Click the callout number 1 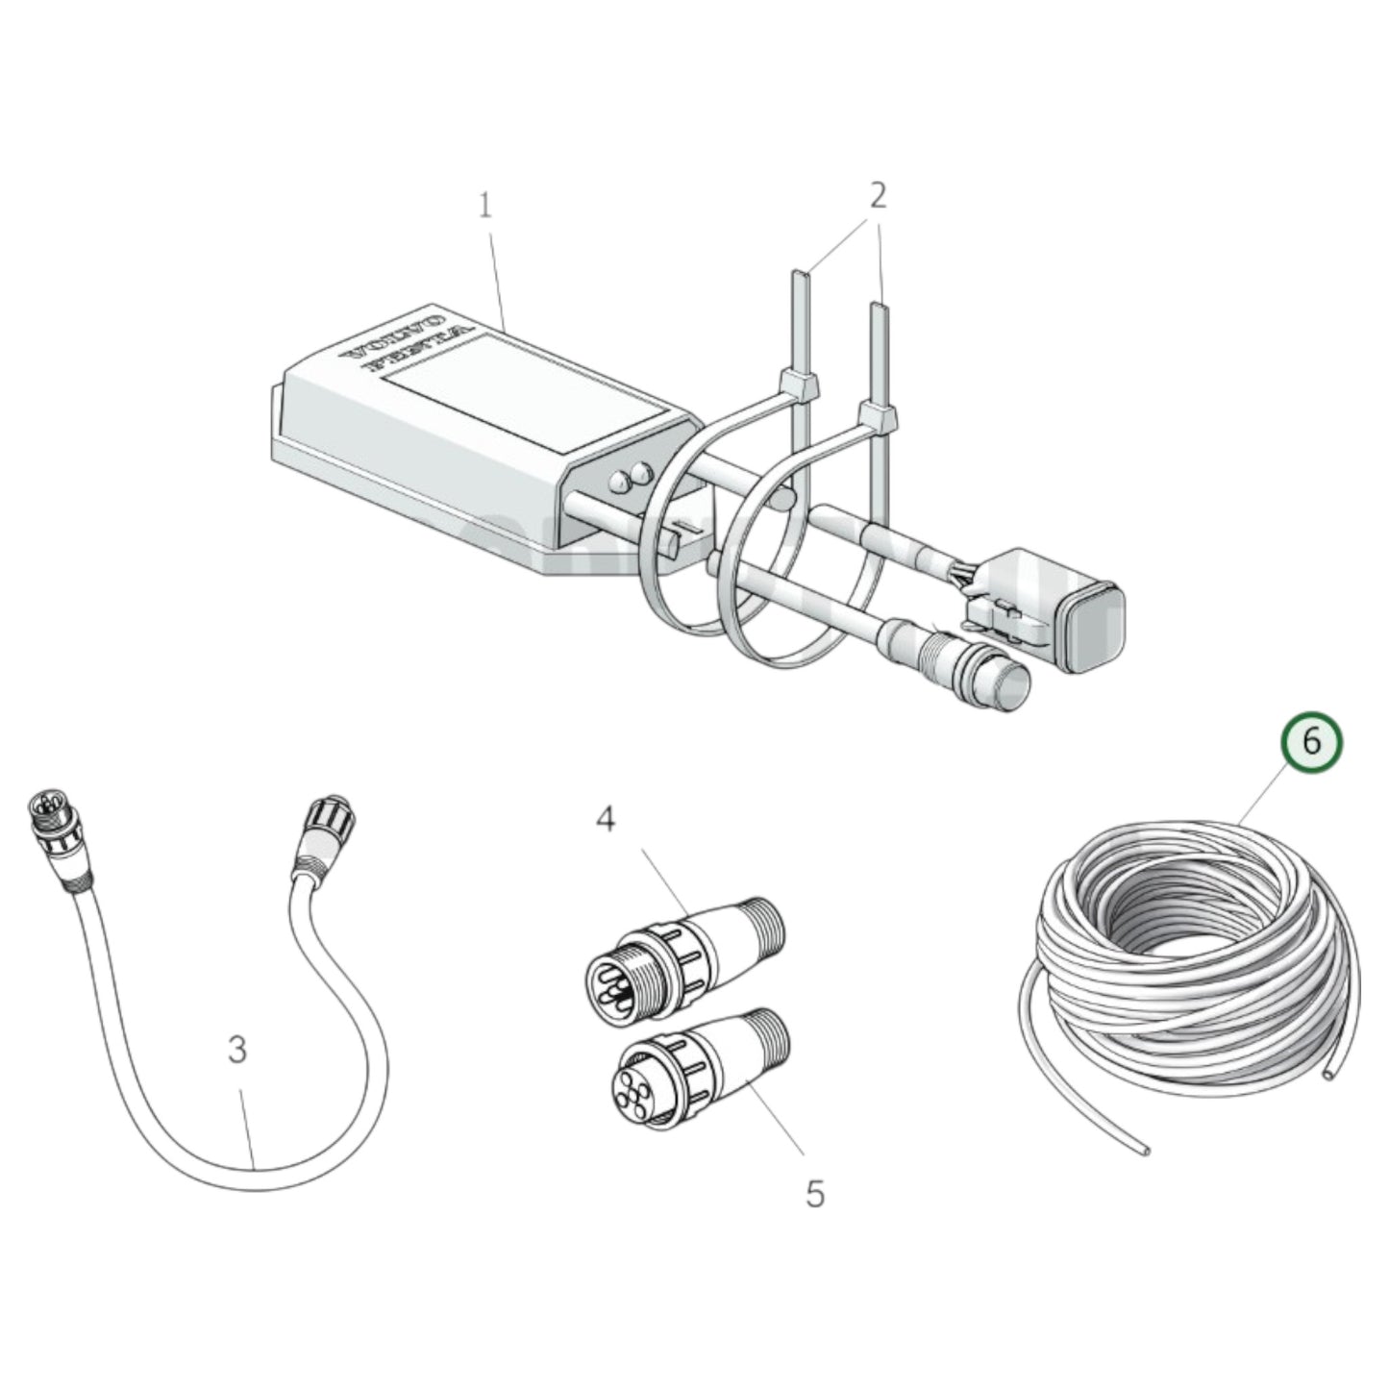pyautogui.click(x=485, y=206)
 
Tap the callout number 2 pyautogui.click(x=877, y=196)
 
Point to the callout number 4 pyautogui.click(x=605, y=819)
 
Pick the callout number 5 pyautogui.click(x=814, y=1194)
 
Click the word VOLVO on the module pyautogui.click(x=396, y=339)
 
